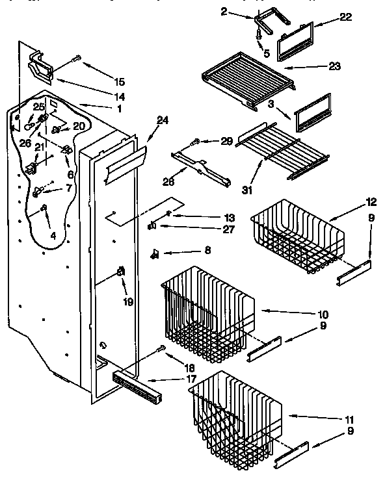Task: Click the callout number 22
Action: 345,18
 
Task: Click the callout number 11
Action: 351,420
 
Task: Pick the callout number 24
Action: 163,120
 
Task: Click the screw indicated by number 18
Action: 161,350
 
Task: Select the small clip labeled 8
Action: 156,253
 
